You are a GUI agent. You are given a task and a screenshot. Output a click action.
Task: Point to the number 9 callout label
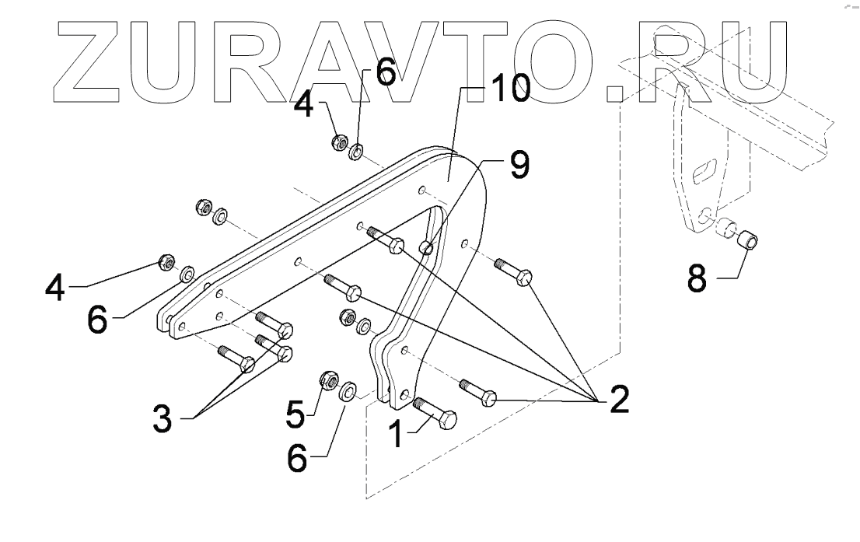pyautogui.click(x=519, y=164)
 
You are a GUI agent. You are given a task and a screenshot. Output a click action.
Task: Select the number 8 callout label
pyautogui.click(x=697, y=278)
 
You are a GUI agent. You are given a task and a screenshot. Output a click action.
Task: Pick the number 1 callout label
pyautogui.click(x=396, y=432)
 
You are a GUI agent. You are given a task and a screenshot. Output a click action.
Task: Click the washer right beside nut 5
pyautogui.click(x=350, y=388)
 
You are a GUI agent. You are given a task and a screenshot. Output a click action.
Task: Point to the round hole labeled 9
pyautogui.click(x=425, y=247)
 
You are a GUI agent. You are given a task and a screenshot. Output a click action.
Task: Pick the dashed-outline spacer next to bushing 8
pyautogui.click(x=725, y=229)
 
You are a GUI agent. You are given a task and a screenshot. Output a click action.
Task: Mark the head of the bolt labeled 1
pyautogui.click(x=446, y=420)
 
